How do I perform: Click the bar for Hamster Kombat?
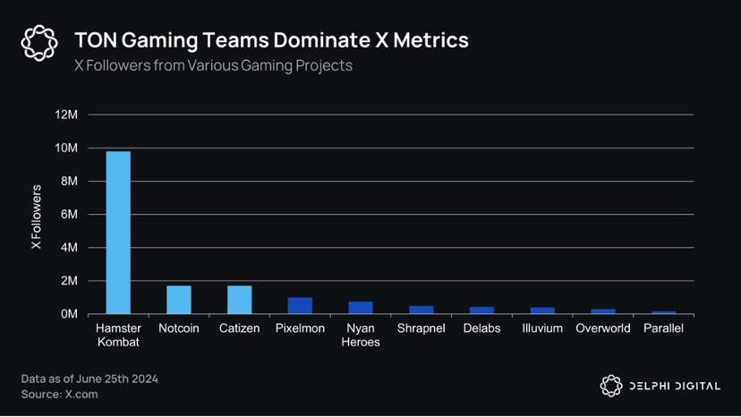[x=118, y=233]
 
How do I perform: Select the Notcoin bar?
[x=179, y=300]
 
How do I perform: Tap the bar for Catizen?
[x=240, y=300]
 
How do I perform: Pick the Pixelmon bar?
[x=300, y=305]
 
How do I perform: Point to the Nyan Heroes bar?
[x=361, y=308]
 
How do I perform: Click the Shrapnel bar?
[x=422, y=310]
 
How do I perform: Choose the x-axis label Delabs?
[x=481, y=328]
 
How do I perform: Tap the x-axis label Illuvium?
[x=542, y=328]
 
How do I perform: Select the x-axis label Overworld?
[x=603, y=328]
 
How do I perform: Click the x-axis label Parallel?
[x=663, y=328]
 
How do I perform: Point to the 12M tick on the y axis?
[x=67, y=115]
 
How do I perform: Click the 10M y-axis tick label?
[x=67, y=148]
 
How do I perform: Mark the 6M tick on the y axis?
[x=70, y=215]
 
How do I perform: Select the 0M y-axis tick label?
[x=70, y=314]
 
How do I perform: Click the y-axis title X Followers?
[x=37, y=217]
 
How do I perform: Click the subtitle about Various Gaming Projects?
[x=213, y=65]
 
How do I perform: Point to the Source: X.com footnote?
[x=60, y=394]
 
